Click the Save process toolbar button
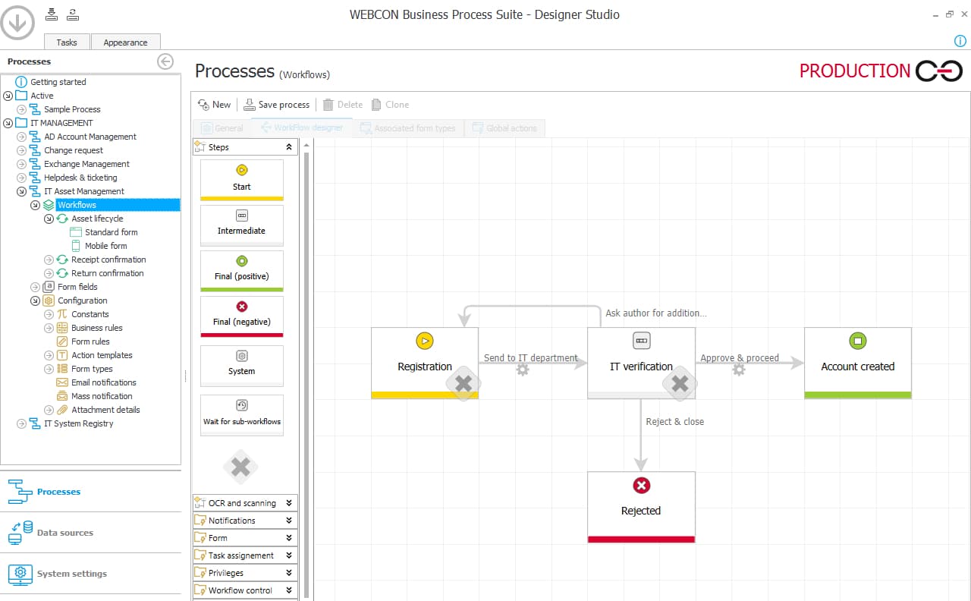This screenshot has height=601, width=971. point(276,105)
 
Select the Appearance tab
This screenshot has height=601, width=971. point(125,42)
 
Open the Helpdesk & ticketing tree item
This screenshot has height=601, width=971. point(80,178)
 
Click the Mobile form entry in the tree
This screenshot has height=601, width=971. point(105,246)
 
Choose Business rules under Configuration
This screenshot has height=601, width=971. point(96,328)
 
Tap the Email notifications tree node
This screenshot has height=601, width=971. point(103,382)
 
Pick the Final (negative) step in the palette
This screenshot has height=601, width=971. point(241,315)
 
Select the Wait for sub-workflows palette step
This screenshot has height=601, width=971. point(241,414)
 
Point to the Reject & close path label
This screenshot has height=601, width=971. point(674,422)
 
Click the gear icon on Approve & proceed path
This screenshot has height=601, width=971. point(739,370)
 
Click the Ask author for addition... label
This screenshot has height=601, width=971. point(655,313)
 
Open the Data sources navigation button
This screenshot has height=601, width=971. point(64,533)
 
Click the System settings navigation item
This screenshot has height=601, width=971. point(71,574)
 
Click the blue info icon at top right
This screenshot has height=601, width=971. point(960,41)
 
